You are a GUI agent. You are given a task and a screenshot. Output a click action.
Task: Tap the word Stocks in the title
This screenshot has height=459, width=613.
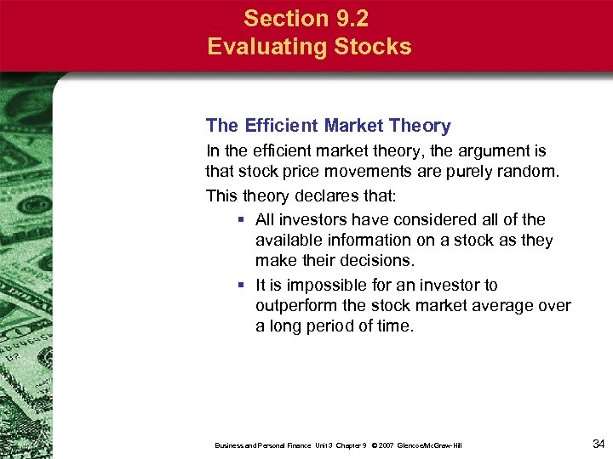click(370, 46)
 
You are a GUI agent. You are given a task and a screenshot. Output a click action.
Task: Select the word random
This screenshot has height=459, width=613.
click(530, 173)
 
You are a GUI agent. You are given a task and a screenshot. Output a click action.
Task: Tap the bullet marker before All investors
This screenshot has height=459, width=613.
click(242, 219)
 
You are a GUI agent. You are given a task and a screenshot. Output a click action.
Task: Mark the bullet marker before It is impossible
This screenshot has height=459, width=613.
click(242, 285)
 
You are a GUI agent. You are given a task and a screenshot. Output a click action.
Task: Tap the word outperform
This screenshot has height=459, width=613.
click(294, 306)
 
